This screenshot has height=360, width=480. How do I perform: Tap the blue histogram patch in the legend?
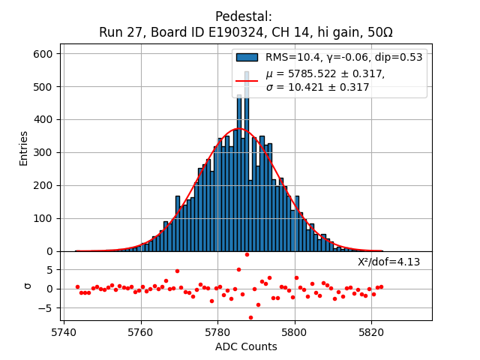tap(247, 57)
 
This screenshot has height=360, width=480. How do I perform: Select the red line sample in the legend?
tap(247, 80)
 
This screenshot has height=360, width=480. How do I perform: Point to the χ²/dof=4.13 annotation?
tap(388, 262)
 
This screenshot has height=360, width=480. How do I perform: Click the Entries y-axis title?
tap(24, 148)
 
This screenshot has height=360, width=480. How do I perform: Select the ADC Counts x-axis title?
tap(246, 346)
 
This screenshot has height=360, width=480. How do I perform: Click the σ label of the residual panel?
tap(28, 286)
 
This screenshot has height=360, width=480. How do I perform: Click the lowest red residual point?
tap(250, 317)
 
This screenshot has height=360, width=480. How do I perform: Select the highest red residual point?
tap(247, 254)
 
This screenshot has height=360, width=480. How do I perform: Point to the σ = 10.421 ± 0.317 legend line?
tap(318, 88)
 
